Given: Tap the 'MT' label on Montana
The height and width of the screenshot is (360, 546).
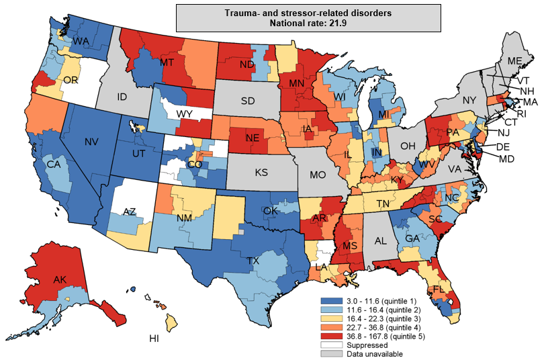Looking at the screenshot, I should (168, 62).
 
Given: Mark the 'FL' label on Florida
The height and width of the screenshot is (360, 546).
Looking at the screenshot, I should (439, 289).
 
